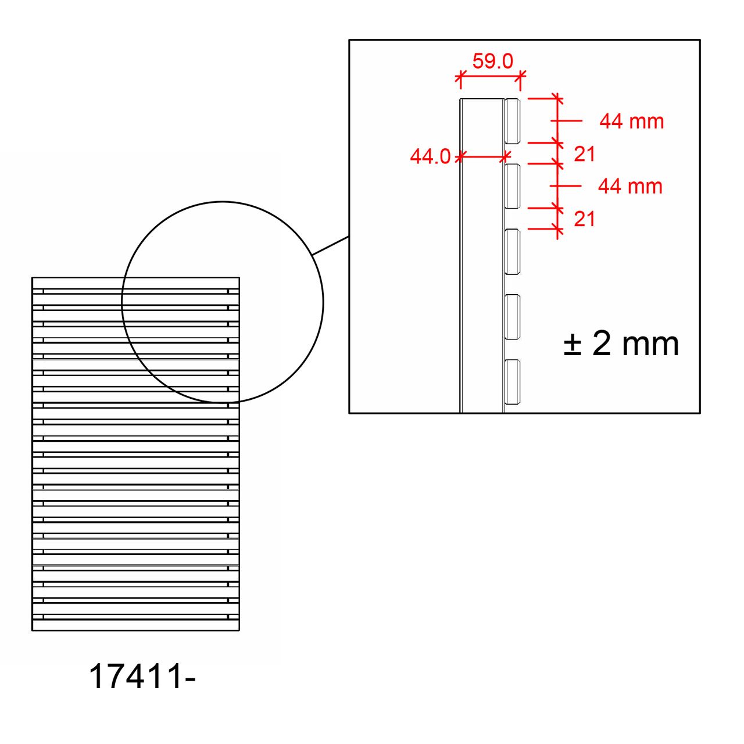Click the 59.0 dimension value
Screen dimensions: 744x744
pos(492,61)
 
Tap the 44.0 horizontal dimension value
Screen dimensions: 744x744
pos(430,156)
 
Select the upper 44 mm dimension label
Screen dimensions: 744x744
pos(631,121)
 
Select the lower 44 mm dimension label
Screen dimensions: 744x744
pos(630,187)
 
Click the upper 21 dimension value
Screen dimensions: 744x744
pos(584,155)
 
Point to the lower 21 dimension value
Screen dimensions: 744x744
pos(584,220)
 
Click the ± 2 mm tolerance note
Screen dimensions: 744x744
pos(621,344)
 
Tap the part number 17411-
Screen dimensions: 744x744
pos(142,677)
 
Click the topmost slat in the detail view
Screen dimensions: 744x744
pos(512,121)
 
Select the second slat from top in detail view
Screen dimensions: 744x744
pos(512,187)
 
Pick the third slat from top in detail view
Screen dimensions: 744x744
pos(512,252)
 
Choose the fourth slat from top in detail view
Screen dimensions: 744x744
pos(512,317)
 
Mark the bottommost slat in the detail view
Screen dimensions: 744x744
pos(512,382)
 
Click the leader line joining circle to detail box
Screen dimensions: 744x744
pos(331,246)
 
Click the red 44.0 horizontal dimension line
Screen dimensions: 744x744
pos(482,156)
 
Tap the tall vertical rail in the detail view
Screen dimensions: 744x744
pos(481,262)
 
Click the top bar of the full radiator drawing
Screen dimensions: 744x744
pos(135,283)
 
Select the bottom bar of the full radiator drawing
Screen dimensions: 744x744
pos(135,625)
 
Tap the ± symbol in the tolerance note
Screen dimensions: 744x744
pos(573,345)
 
